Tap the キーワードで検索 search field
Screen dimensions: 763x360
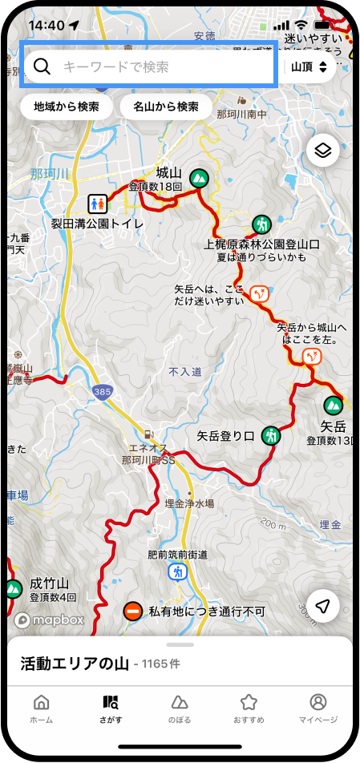tap(152, 67)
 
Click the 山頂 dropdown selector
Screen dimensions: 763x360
tap(309, 67)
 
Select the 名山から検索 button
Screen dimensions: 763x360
tap(166, 107)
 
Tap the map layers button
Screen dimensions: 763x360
tap(322, 150)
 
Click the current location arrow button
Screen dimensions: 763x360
tap(322, 607)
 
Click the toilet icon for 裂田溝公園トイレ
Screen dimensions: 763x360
tap(119, 204)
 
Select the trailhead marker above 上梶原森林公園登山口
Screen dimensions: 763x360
tap(261, 224)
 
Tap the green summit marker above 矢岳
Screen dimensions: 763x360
tap(332, 406)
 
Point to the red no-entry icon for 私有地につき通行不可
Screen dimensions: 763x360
tap(133, 612)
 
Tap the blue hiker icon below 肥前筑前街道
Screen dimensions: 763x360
tap(177, 572)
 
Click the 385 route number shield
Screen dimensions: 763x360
tap(101, 391)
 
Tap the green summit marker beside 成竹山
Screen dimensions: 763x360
tap(13, 589)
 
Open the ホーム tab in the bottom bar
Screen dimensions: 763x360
tap(42, 708)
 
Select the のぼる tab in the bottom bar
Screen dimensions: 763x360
tap(180, 708)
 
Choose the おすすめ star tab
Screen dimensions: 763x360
tap(249, 708)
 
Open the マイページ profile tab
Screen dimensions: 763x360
tap(318, 708)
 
